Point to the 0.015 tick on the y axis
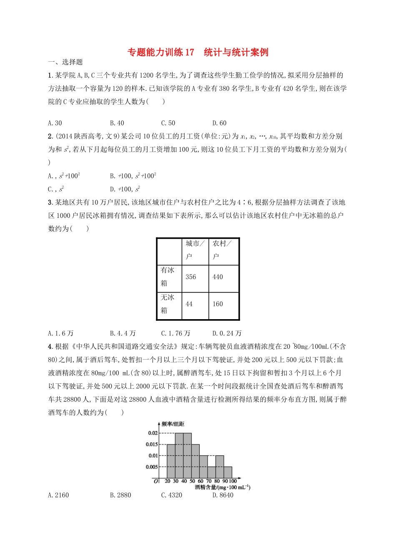click(x=152, y=444)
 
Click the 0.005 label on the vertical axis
click(x=152, y=467)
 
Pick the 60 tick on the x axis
click(x=200, y=481)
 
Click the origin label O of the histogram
click(x=156, y=481)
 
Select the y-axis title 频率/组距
click(x=173, y=424)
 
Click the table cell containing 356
click(x=191, y=277)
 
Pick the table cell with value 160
click(x=218, y=304)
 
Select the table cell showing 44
click(x=189, y=304)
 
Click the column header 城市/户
click(x=195, y=250)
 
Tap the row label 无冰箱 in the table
click(x=168, y=304)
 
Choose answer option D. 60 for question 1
click(x=219, y=123)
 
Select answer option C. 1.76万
click(x=175, y=333)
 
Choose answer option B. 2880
click(x=120, y=495)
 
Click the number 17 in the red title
click(x=190, y=52)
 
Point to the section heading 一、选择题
click(x=65, y=62)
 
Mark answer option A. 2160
click(x=58, y=495)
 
